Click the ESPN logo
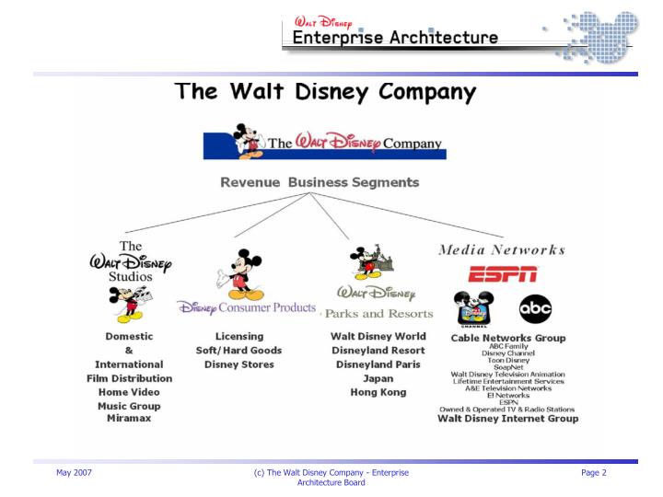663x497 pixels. tap(503, 273)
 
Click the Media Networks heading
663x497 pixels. tap(503, 248)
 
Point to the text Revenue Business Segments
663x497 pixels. tap(320, 182)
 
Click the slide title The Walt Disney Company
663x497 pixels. tap(327, 92)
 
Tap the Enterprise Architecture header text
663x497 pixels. tap(396, 38)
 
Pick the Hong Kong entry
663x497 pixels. tap(378, 391)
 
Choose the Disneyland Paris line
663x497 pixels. tap(378, 364)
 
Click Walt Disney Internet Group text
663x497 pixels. tap(508, 419)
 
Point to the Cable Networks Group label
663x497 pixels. tap(508, 338)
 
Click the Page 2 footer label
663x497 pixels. tap(594, 473)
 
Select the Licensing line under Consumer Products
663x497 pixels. tap(239, 336)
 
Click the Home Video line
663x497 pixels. tap(130, 391)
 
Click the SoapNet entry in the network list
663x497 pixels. tap(508, 367)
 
